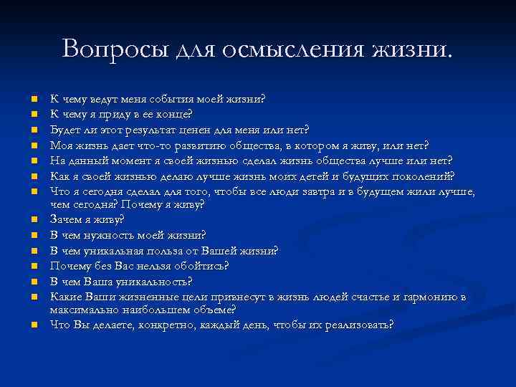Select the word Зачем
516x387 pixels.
(67, 219)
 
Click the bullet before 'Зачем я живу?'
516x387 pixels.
(34, 220)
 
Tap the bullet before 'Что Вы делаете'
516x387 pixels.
(34, 325)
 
